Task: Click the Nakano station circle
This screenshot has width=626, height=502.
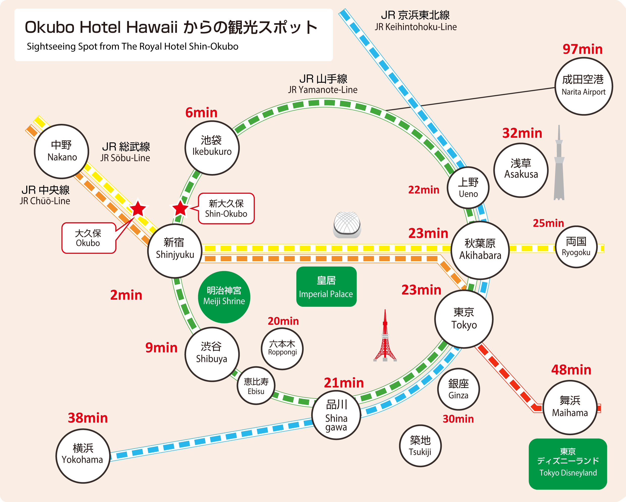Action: click(62, 151)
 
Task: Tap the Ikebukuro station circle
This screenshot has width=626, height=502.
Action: click(212, 148)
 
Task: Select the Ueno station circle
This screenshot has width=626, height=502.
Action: click(468, 187)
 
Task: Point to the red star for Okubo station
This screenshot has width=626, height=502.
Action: click(138, 208)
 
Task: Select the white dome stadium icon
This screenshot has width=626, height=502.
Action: click(347, 224)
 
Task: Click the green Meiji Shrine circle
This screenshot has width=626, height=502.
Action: click(224, 297)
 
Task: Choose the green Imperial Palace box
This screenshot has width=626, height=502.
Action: click(326, 286)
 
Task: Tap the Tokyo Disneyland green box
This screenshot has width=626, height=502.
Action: click(568, 464)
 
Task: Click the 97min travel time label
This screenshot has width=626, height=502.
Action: click(582, 49)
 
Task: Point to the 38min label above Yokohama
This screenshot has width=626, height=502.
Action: click(88, 418)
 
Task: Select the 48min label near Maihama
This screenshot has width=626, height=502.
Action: click(571, 370)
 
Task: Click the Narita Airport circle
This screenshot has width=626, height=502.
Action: click(584, 86)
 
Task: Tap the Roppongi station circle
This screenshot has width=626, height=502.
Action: click(282, 348)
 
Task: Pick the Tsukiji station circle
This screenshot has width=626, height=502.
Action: click(420, 446)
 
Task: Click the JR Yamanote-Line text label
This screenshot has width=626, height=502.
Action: click(323, 90)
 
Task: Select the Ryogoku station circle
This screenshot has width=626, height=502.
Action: click(576, 247)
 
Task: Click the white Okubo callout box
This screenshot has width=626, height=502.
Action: click(89, 238)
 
